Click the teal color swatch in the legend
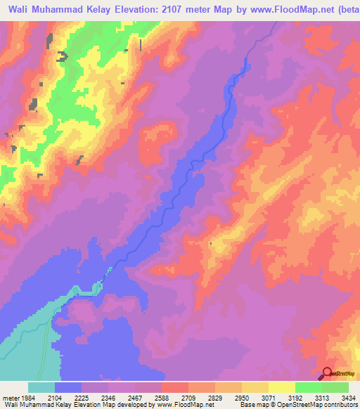point(41,387)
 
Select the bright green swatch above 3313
point(308,387)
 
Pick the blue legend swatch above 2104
point(68,387)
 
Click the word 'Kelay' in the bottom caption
point(64,405)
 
